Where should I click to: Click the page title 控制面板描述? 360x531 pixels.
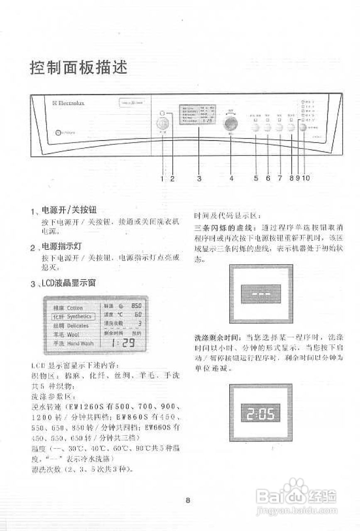78,67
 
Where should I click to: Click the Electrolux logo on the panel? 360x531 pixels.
69,103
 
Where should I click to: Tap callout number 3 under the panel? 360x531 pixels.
199,178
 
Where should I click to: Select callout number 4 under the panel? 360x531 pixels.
231,178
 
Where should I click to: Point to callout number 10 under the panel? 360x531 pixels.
306,178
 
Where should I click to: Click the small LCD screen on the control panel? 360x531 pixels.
197,114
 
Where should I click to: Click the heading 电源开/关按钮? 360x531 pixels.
69,210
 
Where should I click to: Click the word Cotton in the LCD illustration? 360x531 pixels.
75,308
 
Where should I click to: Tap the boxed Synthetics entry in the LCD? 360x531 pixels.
73,317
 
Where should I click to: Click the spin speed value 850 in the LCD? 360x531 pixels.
136,306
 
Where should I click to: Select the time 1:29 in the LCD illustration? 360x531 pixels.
123,343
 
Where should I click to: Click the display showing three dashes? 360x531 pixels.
261,294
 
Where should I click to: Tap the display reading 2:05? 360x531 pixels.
261,413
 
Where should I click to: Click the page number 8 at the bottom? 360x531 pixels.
188,500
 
